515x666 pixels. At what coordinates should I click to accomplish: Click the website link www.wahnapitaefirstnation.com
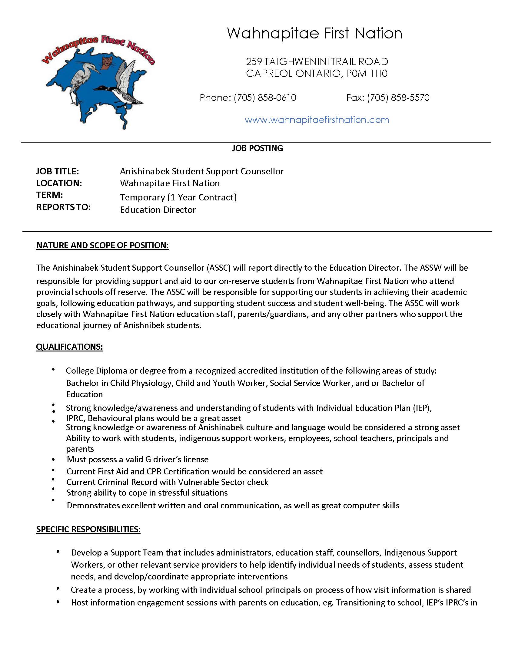coord(317,120)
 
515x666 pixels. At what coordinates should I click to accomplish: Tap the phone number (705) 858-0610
coord(265,97)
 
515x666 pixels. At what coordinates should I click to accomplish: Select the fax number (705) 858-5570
coord(398,97)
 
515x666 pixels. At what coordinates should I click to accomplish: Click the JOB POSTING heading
coord(257,148)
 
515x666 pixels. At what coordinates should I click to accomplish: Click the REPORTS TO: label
coord(63,207)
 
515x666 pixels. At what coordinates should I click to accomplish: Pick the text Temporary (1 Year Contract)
coord(178,197)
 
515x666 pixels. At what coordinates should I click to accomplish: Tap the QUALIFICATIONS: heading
coord(70,347)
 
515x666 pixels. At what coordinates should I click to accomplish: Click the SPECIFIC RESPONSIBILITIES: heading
coord(88,529)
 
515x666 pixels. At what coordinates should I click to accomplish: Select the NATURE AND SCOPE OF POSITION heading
coord(102,246)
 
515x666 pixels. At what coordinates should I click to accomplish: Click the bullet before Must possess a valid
coord(54,460)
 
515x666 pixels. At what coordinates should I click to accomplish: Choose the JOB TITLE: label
coord(58,171)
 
